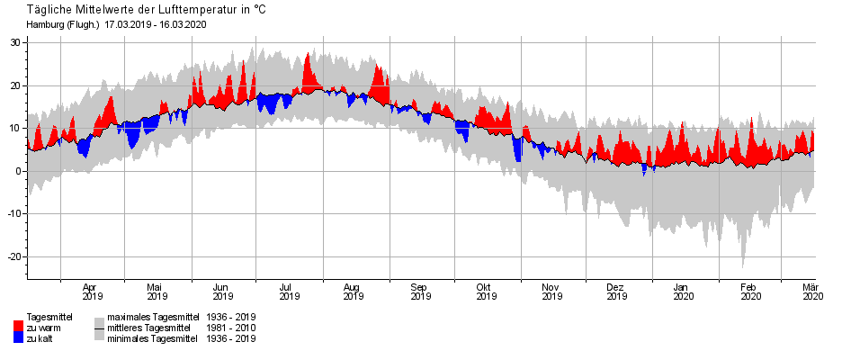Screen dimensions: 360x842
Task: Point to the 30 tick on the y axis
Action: click(17, 42)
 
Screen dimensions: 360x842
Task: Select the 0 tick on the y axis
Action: click(19, 171)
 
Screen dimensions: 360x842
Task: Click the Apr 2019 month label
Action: click(93, 291)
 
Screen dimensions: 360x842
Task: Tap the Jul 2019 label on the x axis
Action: click(288, 291)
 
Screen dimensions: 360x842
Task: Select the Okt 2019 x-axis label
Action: click(486, 291)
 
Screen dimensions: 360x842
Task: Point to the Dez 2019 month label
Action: click(615, 291)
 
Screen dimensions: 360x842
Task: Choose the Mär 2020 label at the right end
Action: click(812, 291)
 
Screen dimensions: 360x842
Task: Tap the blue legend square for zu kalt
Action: click(18, 337)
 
